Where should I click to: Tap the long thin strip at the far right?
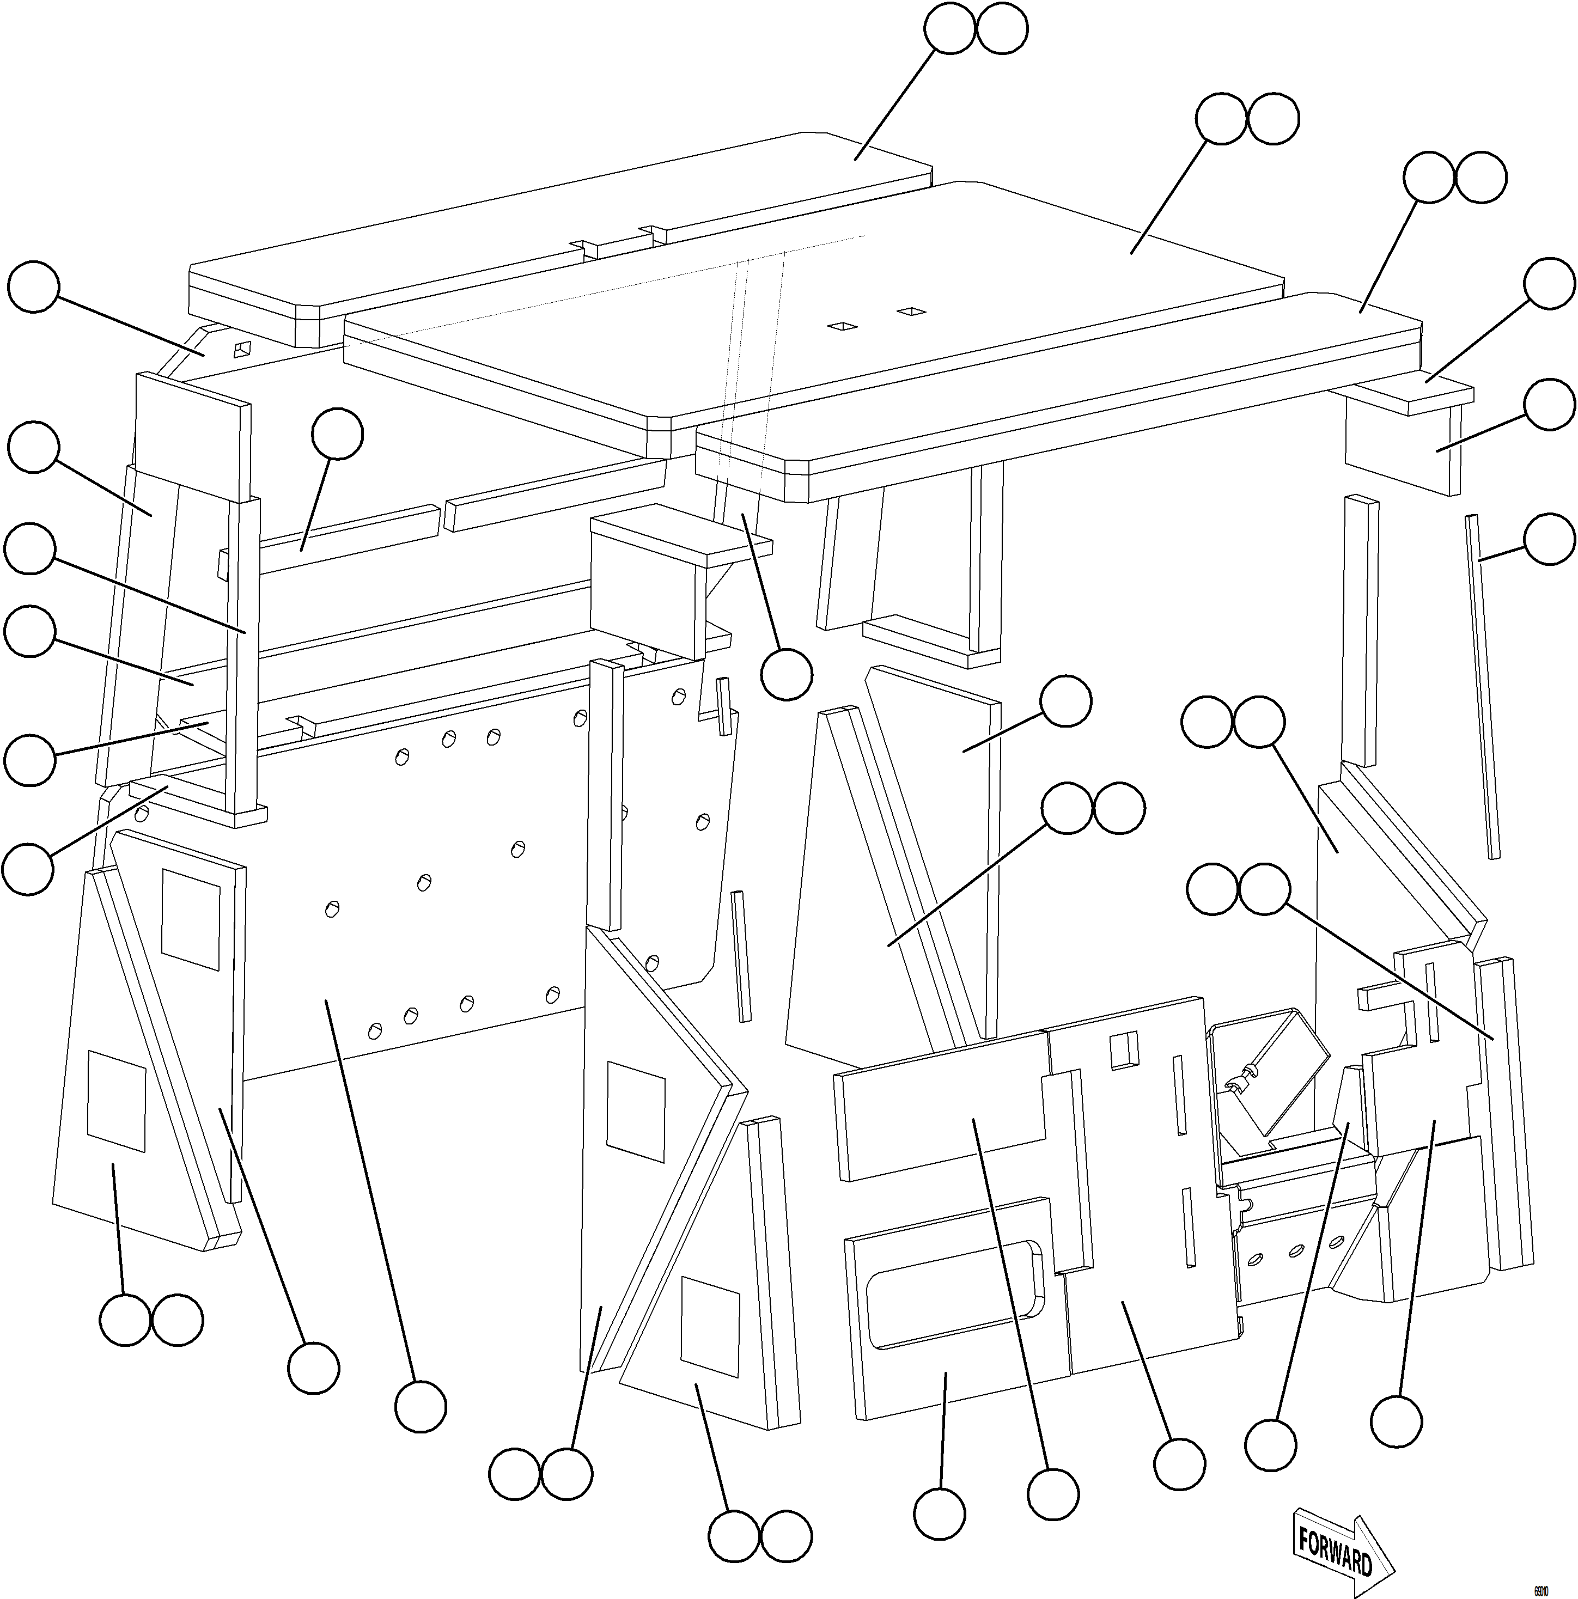tap(1482, 687)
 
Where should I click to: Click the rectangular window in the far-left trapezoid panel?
tap(117, 1101)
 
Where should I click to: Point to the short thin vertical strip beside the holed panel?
tap(742, 956)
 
